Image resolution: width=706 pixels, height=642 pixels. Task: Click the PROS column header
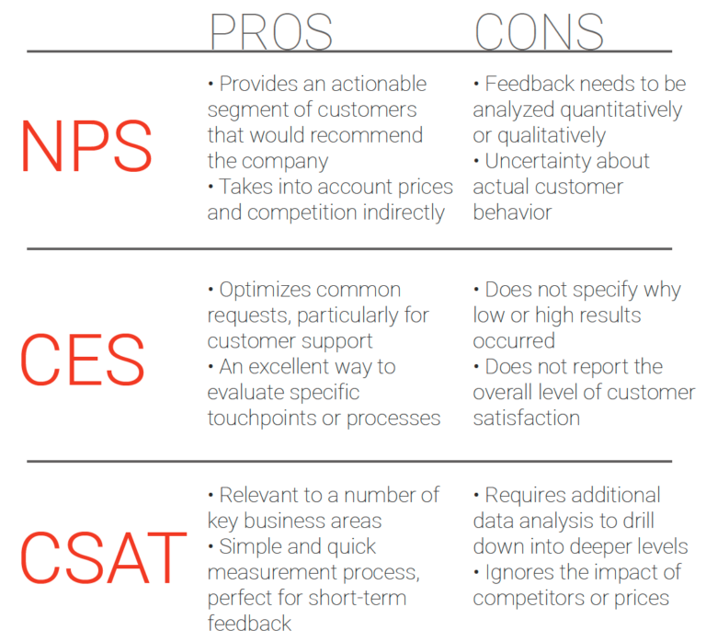[x=271, y=31]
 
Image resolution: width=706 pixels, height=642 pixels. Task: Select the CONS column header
[x=539, y=31]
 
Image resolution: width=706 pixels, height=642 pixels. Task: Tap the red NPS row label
[x=86, y=146]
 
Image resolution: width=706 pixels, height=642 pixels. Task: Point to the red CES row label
[x=83, y=359]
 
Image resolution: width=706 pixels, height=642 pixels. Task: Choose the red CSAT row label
[x=103, y=557]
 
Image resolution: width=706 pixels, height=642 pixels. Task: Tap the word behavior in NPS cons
[x=512, y=212]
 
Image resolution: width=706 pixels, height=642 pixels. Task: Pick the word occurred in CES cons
[x=514, y=341]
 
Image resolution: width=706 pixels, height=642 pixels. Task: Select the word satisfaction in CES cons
[x=527, y=418]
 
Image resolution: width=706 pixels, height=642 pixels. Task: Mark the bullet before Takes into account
[x=211, y=187]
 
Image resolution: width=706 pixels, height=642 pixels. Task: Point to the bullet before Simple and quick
[x=211, y=547]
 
